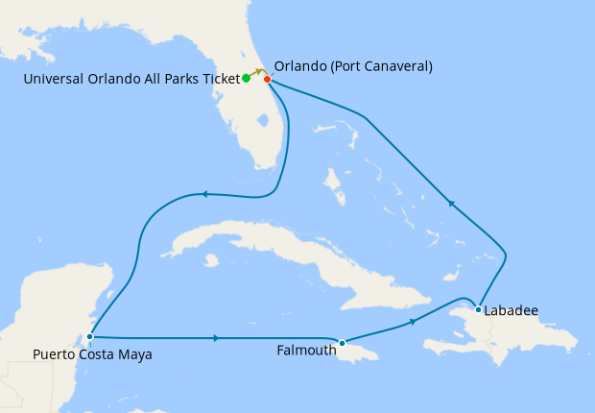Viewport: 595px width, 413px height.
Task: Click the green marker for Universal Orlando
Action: coord(247,78)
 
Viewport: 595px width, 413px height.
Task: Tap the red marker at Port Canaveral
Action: coord(267,79)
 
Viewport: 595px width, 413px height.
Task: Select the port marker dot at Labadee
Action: coord(478,308)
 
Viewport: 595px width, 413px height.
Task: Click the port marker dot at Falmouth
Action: coord(342,343)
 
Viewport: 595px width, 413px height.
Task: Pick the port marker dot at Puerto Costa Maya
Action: coord(89,336)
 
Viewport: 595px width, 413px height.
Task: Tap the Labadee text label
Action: coord(512,311)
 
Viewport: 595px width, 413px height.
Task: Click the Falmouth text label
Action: coord(306,351)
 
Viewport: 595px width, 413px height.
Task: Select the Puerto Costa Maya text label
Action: coord(92,354)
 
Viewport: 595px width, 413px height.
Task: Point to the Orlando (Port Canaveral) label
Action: coord(353,66)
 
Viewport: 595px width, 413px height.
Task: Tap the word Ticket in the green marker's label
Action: coord(218,79)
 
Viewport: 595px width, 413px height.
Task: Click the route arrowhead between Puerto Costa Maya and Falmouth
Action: coord(217,338)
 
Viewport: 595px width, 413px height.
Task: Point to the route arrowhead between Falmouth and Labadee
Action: coord(413,322)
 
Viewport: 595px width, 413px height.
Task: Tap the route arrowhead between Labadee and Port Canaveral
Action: coord(449,203)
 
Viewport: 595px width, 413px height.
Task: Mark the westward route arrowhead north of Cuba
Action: coord(202,195)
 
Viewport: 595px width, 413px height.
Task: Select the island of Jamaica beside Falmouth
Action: coord(355,350)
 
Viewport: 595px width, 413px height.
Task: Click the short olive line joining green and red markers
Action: coord(257,72)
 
